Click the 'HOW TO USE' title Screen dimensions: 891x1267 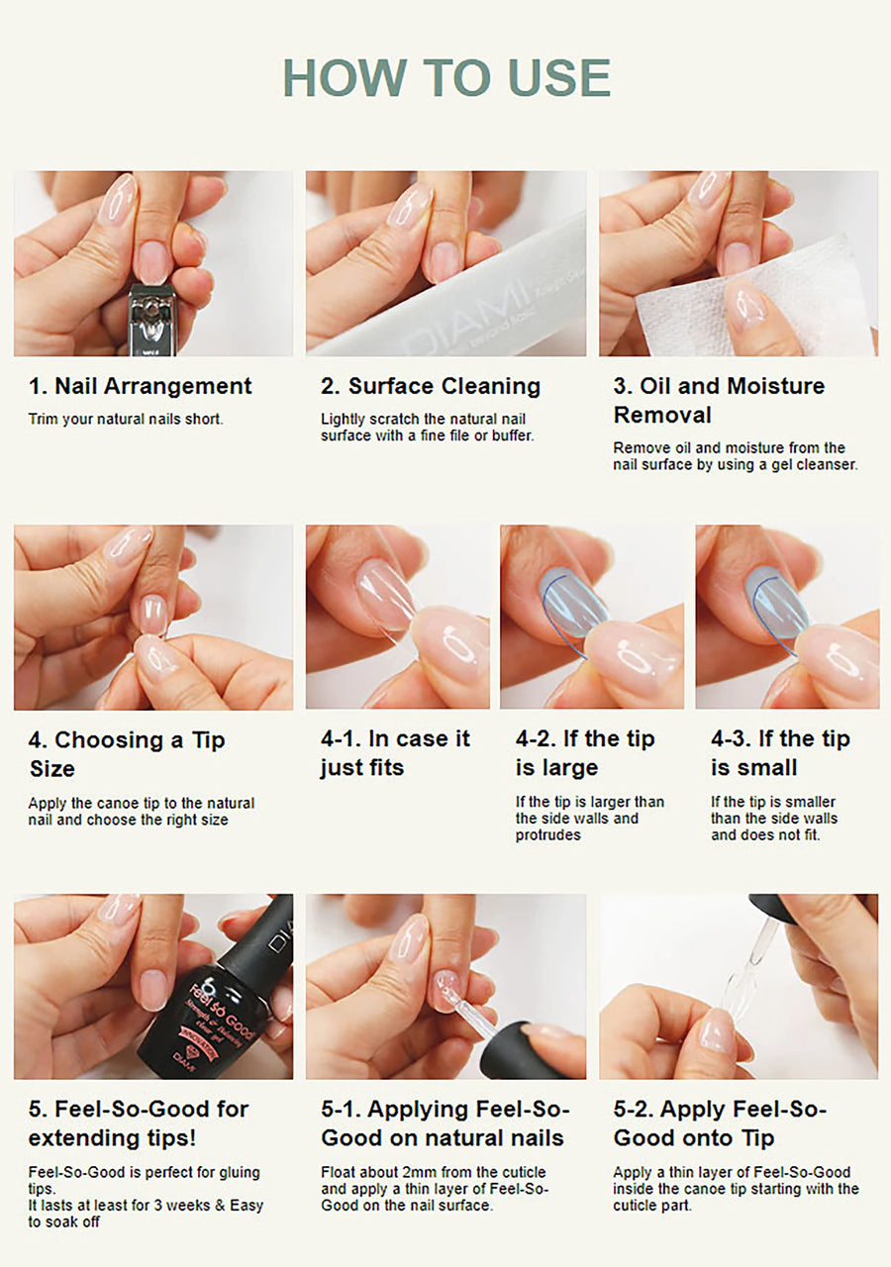[x=446, y=77]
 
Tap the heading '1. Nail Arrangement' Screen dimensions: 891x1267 [x=140, y=386]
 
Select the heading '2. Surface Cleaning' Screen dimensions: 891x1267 [x=431, y=386]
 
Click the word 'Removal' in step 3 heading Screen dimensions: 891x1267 [x=662, y=415]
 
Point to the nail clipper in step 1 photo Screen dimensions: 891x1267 [x=152, y=320]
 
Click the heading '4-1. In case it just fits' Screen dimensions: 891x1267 [x=395, y=753]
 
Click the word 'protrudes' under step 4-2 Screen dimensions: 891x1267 [x=547, y=834]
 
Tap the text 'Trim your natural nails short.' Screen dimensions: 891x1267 [x=126, y=419]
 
